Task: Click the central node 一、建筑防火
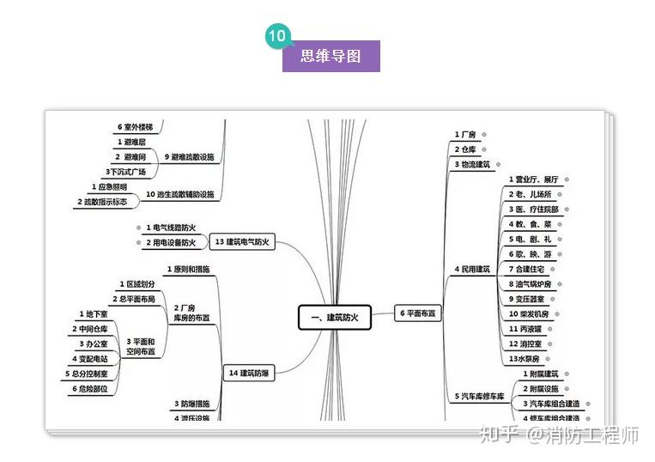click(x=333, y=317)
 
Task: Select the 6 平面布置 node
click(x=417, y=314)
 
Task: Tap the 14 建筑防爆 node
click(x=250, y=373)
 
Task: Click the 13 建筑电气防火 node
click(x=243, y=242)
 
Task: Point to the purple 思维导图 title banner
click(x=331, y=57)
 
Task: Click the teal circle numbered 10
click(x=277, y=36)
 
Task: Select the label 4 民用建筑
click(x=472, y=270)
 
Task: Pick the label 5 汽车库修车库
click(x=478, y=396)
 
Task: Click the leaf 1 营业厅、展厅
click(x=533, y=179)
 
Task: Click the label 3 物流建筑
click(x=472, y=164)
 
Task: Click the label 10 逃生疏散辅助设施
click(x=180, y=195)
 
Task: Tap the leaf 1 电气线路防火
click(x=171, y=228)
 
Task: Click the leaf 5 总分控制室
click(x=87, y=374)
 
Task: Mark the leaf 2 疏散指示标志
click(x=102, y=202)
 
